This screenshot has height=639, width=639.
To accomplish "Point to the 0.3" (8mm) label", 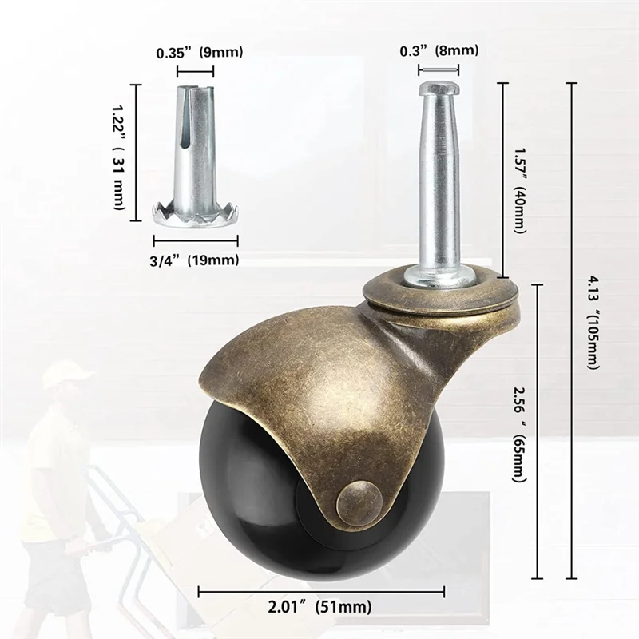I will tap(439, 50).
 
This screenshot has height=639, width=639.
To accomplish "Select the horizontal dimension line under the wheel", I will tap(319, 592).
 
